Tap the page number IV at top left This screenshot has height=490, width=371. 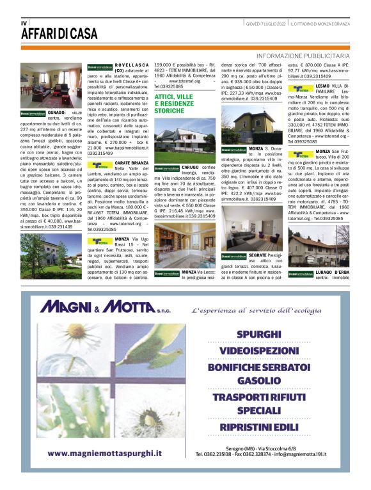[24, 23]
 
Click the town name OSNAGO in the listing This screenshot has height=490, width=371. [56, 111]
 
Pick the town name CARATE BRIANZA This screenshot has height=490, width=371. [129, 162]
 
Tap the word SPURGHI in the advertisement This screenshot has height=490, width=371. [258, 334]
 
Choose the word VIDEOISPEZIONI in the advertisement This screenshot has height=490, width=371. [258, 351]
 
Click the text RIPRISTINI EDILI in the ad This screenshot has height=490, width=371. [258, 426]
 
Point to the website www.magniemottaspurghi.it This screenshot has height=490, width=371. [104, 454]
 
